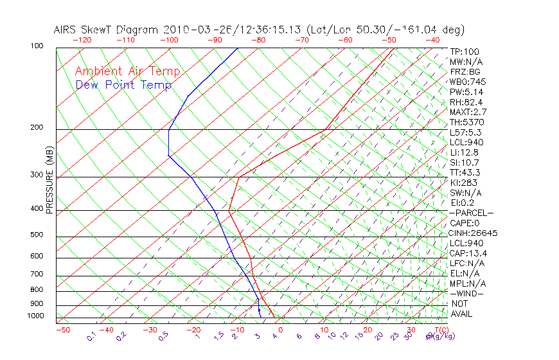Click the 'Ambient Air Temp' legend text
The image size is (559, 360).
(x=127, y=72)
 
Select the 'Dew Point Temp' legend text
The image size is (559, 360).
(x=123, y=85)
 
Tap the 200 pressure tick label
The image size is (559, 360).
(x=37, y=127)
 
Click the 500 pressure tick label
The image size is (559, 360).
(x=37, y=235)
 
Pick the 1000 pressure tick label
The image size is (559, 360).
(x=35, y=316)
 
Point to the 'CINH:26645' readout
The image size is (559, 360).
(x=474, y=233)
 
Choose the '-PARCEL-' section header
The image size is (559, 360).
(x=471, y=213)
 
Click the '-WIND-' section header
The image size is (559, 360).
(x=466, y=293)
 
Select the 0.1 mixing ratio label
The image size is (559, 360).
(x=91, y=337)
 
